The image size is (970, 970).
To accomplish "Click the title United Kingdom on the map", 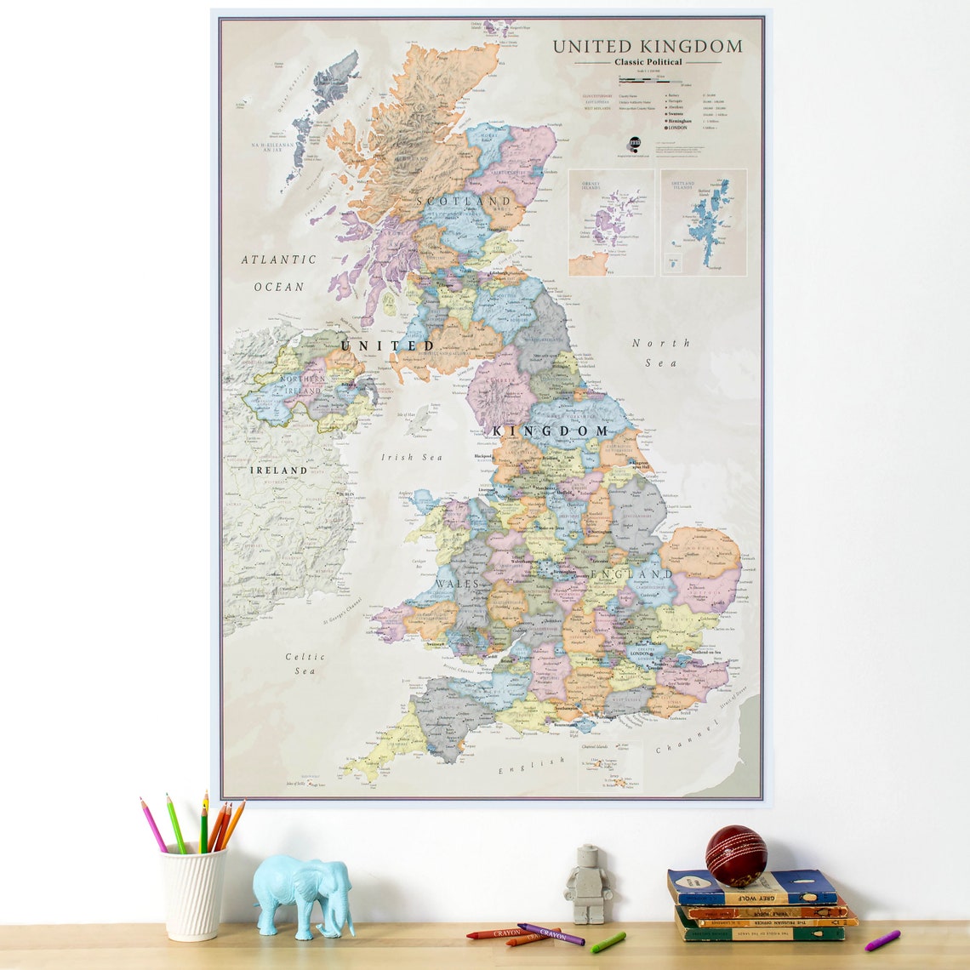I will pyautogui.click(x=648, y=47).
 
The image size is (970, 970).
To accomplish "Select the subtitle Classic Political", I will pyautogui.click(x=648, y=62).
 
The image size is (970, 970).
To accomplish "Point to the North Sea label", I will pyautogui.click(x=661, y=352).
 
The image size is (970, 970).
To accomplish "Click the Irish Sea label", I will pyautogui.click(x=412, y=458).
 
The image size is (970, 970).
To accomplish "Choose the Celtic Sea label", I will pyautogui.click(x=305, y=664).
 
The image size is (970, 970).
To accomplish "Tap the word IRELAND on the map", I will pyautogui.click(x=278, y=470).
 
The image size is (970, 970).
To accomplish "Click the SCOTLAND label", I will pyautogui.click(x=464, y=202).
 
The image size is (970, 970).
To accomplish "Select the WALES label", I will pyautogui.click(x=458, y=585).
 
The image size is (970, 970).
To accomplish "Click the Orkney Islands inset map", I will pyautogui.click(x=611, y=222).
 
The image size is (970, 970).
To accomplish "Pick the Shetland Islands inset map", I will pyautogui.click(x=703, y=222).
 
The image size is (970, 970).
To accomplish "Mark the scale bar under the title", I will pyautogui.click(x=651, y=81).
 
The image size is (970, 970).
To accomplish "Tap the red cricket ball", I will pyautogui.click(x=735, y=855).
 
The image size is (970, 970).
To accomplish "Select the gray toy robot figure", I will pyautogui.click(x=588, y=884).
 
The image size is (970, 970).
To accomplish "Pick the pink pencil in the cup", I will pyautogui.click(x=154, y=825).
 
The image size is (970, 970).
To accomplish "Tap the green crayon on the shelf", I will pyautogui.click(x=608, y=942).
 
